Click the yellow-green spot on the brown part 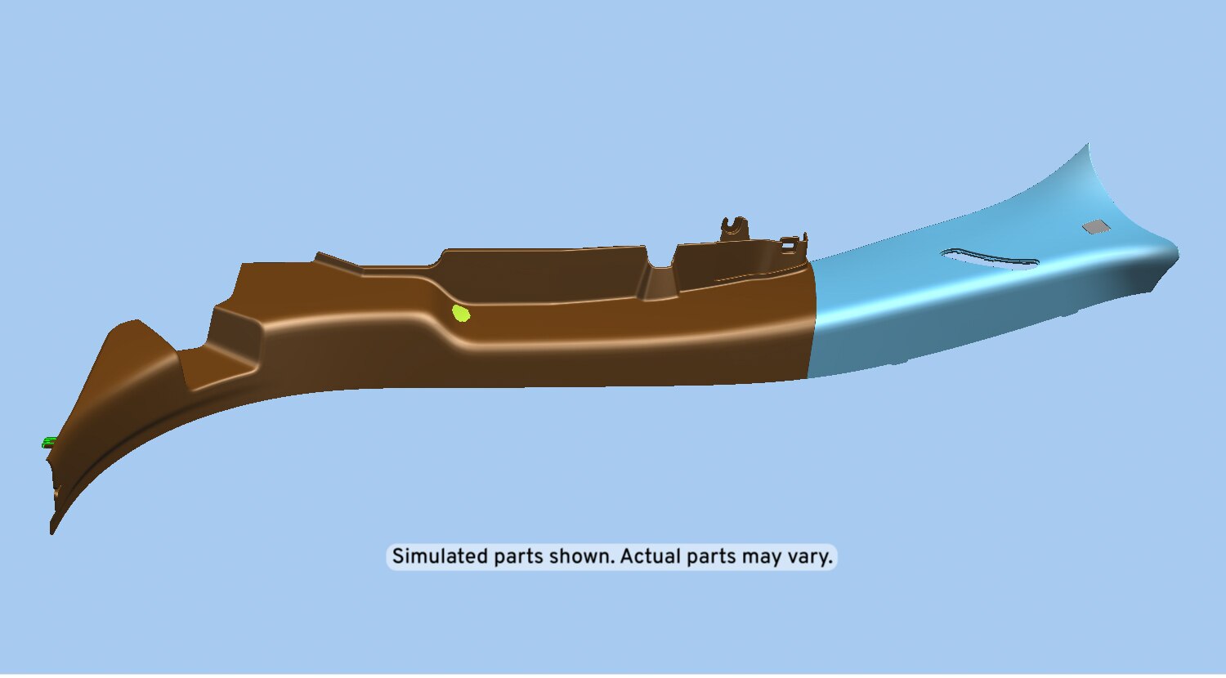point(461,314)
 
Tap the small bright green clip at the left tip point(49,442)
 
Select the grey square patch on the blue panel point(1096,226)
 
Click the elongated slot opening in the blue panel point(991,259)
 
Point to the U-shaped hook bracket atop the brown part point(734,228)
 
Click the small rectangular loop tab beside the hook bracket point(789,244)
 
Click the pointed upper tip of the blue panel point(1088,145)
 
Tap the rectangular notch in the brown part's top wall point(662,283)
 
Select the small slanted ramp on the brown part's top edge point(338,261)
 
